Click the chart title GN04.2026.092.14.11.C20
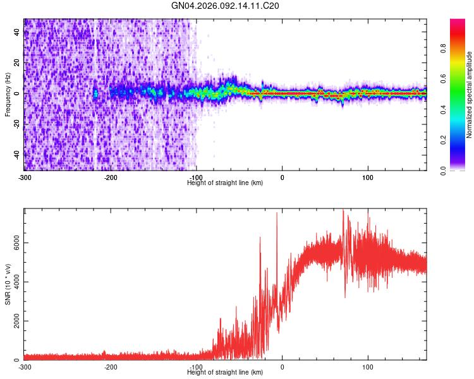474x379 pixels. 226,6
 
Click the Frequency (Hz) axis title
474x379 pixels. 8,95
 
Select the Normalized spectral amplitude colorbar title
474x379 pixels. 469,95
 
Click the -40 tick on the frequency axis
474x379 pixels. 18,154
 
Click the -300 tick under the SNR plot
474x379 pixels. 24,366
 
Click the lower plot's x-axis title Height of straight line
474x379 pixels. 226,373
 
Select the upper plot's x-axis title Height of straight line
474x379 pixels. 226,183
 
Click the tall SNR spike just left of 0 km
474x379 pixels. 277,215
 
